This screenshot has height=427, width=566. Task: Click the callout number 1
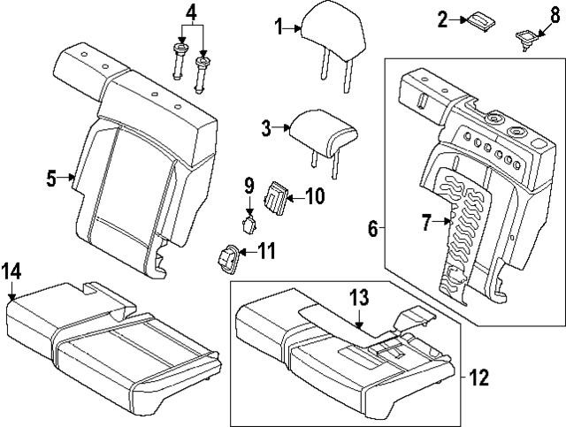(x=279, y=27)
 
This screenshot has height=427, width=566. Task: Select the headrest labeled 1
(x=333, y=36)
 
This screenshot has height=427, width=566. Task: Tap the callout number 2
(x=442, y=19)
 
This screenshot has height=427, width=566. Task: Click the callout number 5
(x=51, y=179)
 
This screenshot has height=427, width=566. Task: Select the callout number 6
(x=373, y=228)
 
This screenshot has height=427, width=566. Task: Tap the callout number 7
(x=426, y=223)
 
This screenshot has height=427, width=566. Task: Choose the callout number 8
(x=555, y=16)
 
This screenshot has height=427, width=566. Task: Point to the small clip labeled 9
(x=249, y=225)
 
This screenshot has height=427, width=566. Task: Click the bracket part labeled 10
(x=277, y=199)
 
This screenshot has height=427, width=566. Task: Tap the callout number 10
(x=315, y=196)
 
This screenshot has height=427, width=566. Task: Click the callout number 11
(x=266, y=251)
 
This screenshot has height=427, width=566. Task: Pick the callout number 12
(x=479, y=377)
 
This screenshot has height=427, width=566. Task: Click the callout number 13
(x=359, y=297)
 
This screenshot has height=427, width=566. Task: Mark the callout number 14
(x=11, y=271)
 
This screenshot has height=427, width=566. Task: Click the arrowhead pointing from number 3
(x=287, y=127)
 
